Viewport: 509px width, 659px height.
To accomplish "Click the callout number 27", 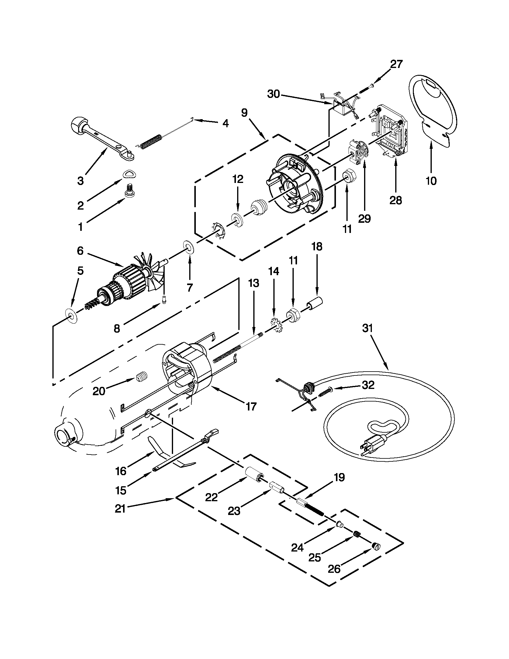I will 396,64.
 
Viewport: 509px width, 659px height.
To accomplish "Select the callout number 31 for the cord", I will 367,328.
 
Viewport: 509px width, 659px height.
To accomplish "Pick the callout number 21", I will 120,509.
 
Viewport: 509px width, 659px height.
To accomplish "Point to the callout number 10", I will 431,181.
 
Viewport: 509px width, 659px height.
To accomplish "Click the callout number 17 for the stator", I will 251,406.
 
